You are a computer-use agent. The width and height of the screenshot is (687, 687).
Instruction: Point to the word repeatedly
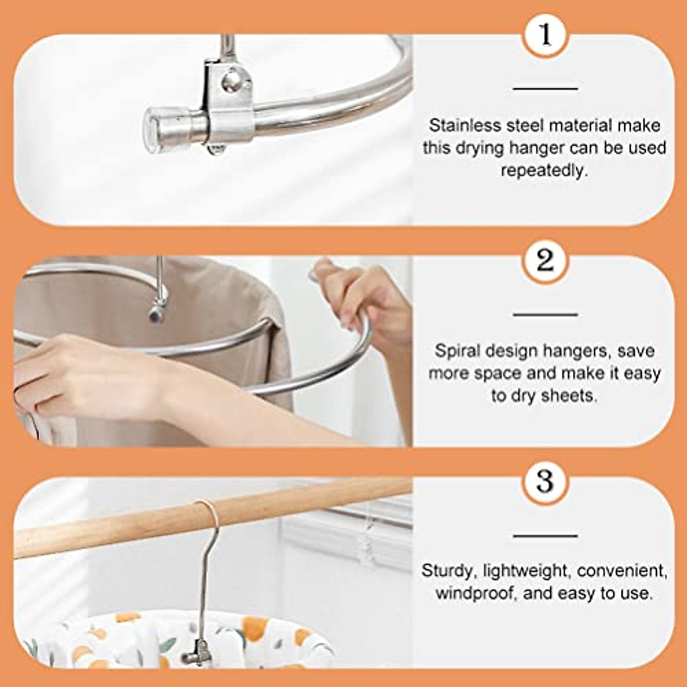click(x=544, y=171)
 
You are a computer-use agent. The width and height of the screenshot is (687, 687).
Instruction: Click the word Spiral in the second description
click(x=456, y=350)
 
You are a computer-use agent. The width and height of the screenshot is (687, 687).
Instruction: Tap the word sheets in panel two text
click(x=569, y=396)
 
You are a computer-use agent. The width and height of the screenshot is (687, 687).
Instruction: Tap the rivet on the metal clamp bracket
click(x=232, y=80)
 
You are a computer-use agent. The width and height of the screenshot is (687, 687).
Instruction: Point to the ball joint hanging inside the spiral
click(x=156, y=312)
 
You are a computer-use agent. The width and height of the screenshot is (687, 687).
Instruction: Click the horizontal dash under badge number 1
click(x=545, y=89)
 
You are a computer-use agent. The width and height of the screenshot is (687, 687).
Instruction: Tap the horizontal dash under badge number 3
click(x=545, y=536)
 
